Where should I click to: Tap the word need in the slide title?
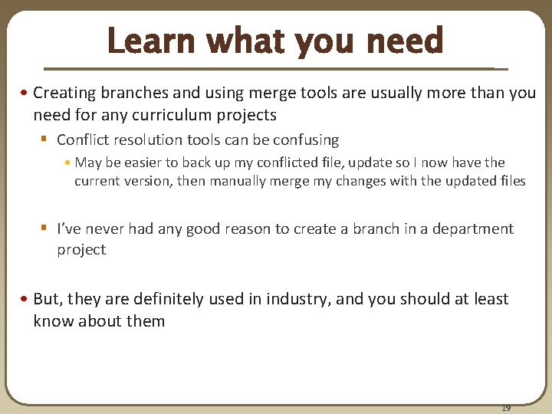[406, 41]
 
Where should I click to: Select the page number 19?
[506, 408]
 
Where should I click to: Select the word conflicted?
[299, 163]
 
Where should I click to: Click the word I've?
[69, 228]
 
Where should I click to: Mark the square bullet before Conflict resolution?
[44, 140]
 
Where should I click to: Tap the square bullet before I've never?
[44, 228]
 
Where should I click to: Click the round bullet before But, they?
[25, 299]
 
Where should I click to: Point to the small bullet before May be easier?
[68, 163]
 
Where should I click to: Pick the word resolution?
[145, 140]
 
